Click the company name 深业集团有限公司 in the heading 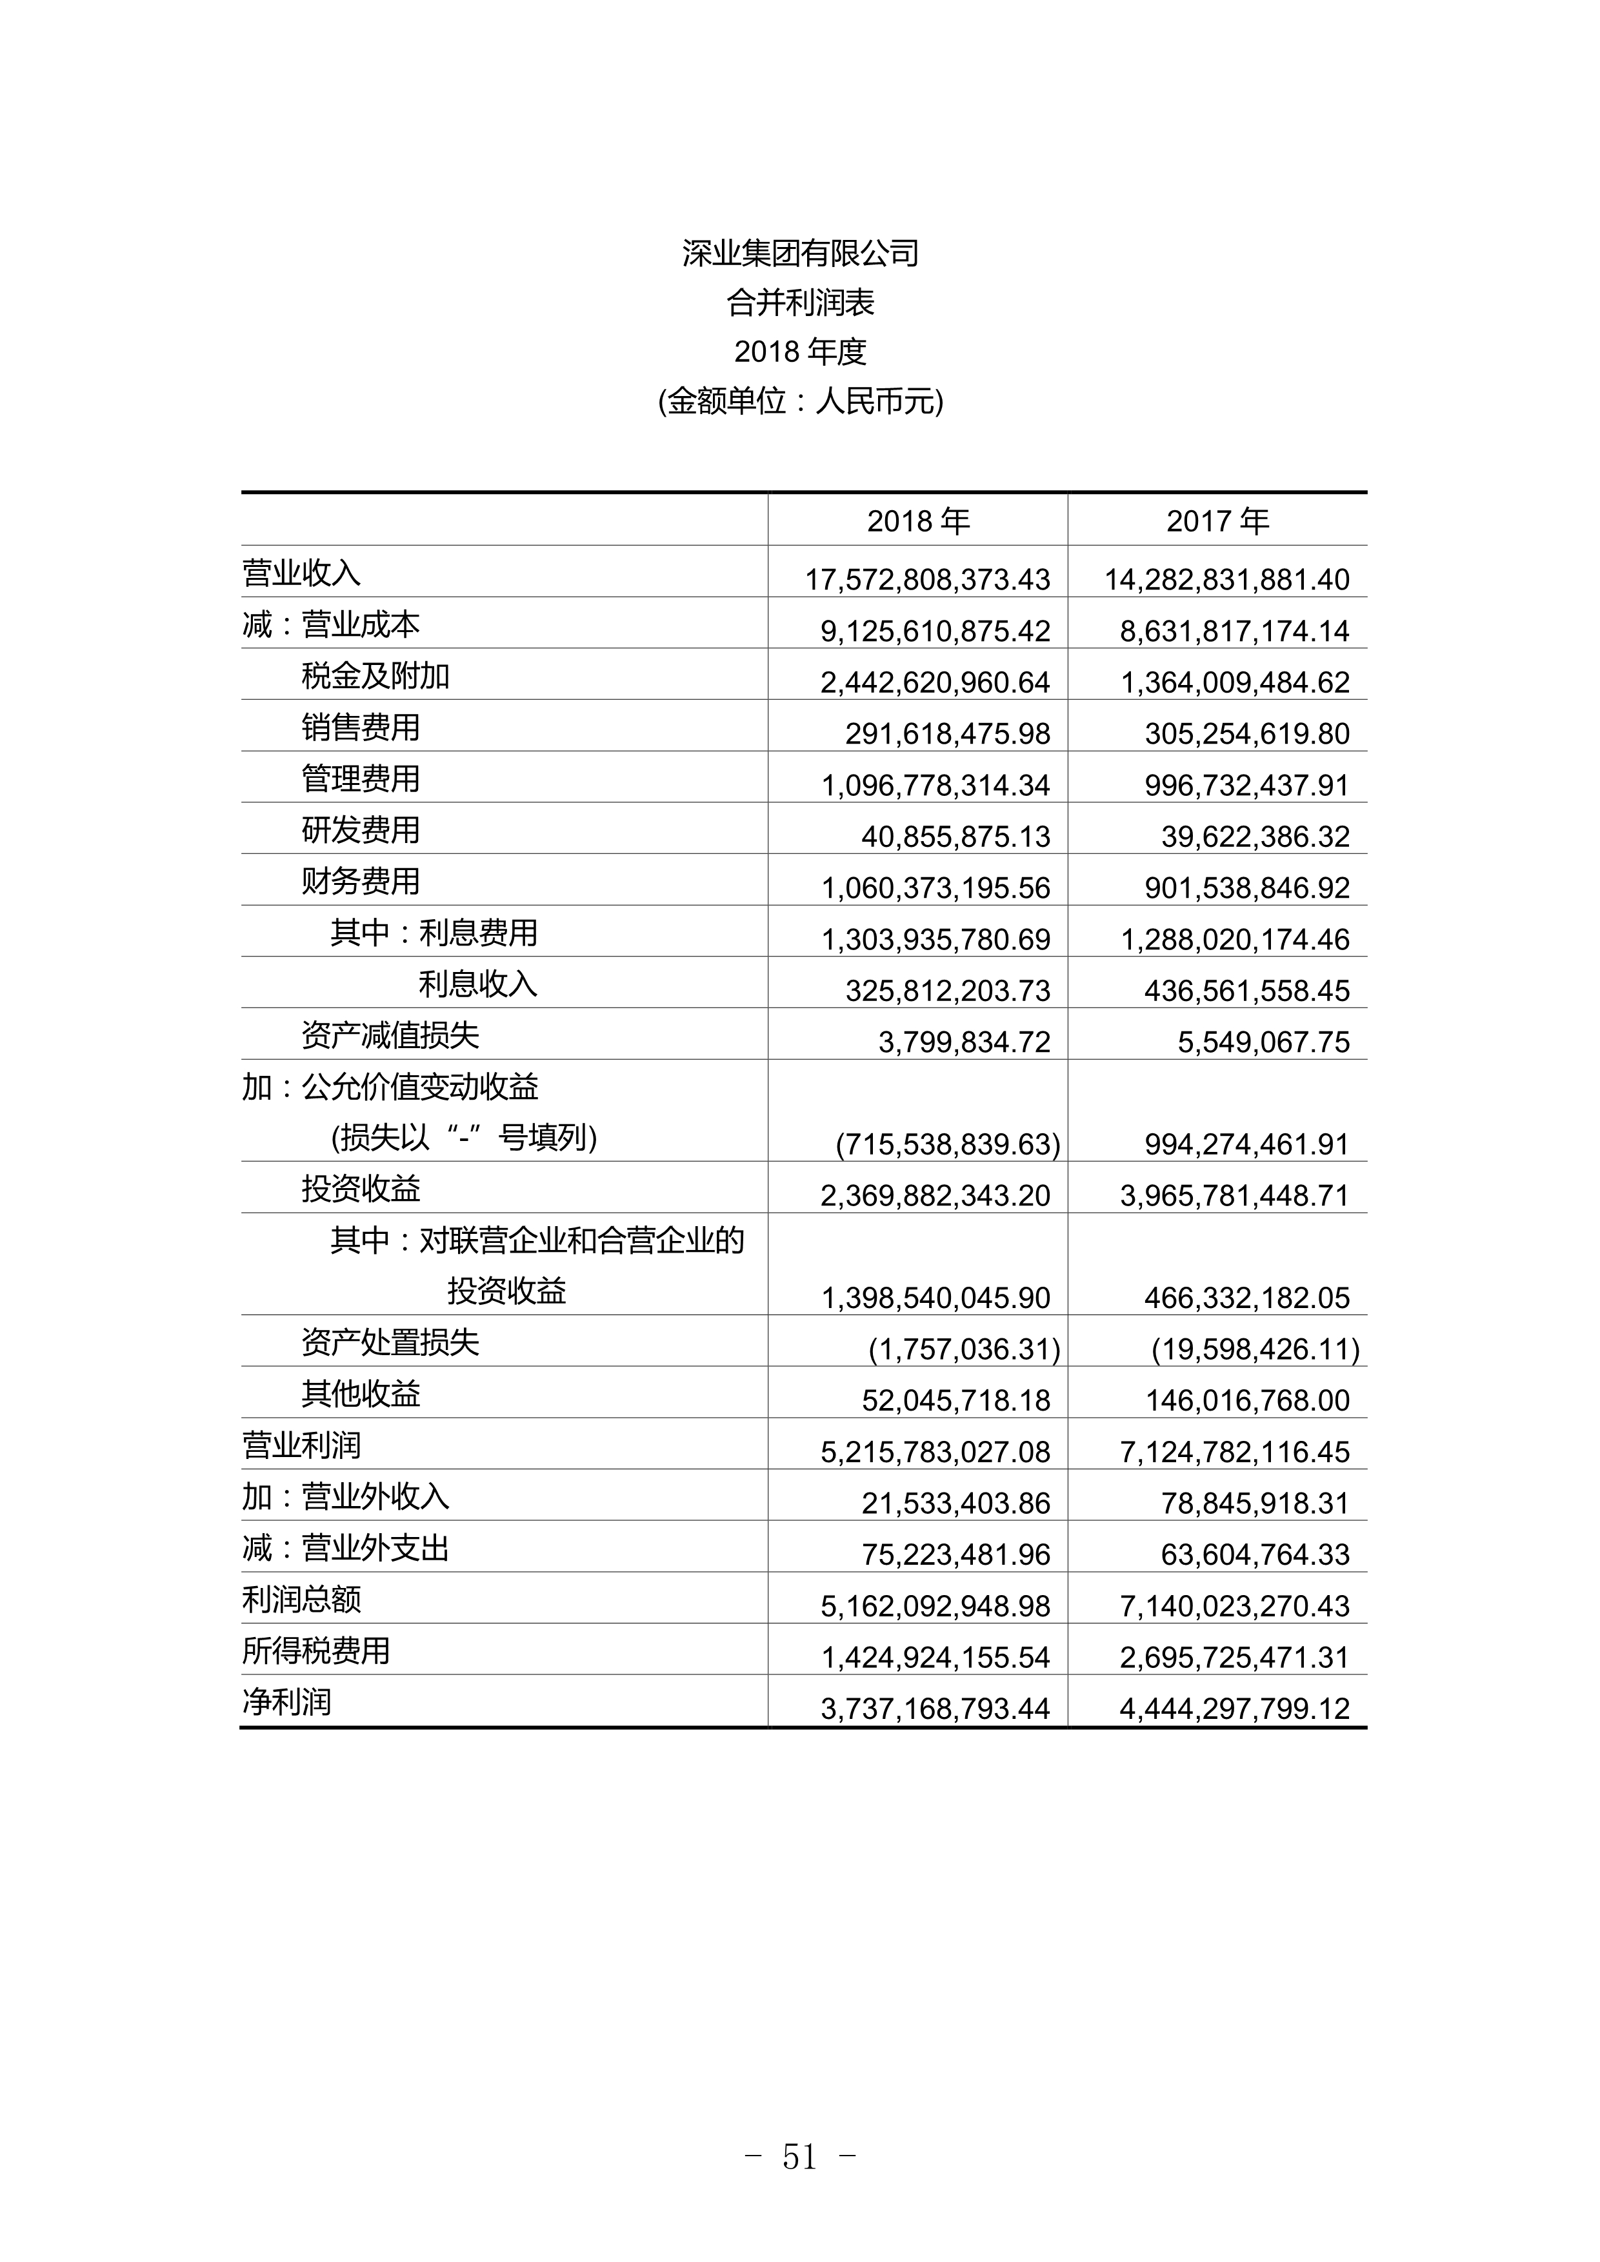(x=800, y=254)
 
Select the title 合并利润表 (x=800, y=303)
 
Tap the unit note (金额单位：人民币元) (x=800, y=402)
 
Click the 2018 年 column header (x=918, y=521)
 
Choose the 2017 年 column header (x=1217, y=521)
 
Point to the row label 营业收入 (x=301, y=573)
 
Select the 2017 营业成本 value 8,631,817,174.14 (x=1234, y=631)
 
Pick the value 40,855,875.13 (x=955, y=837)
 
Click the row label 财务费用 (x=361, y=882)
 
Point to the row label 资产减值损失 (x=390, y=1035)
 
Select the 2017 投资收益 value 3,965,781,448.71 (x=1234, y=1196)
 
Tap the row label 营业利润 (x=301, y=1445)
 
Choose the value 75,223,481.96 (x=955, y=1554)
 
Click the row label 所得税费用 (x=316, y=1650)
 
